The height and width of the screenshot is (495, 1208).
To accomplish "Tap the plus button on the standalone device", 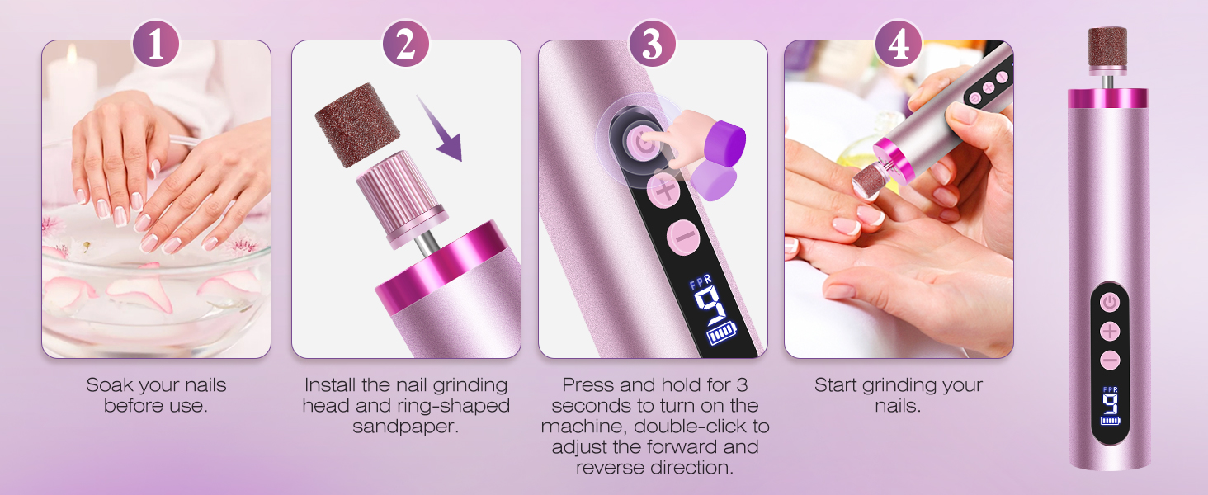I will [x=1110, y=332].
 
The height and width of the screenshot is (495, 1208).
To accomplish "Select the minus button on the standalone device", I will [x=1110, y=360].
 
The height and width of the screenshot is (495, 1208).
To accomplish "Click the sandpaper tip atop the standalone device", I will [x=1107, y=49].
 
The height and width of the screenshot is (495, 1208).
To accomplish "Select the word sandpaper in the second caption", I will [x=405, y=427].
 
